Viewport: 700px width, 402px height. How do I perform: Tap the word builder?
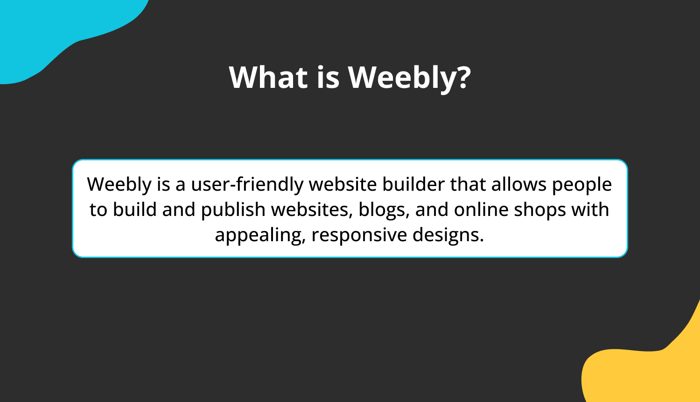pyautogui.click(x=413, y=184)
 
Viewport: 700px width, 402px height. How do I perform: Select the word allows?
pyautogui.click(x=518, y=184)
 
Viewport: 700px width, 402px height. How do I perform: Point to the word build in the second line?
pyautogui.click(x=135, y=209)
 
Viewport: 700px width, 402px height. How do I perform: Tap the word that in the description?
pyautogui.click(x=468, y=184)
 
